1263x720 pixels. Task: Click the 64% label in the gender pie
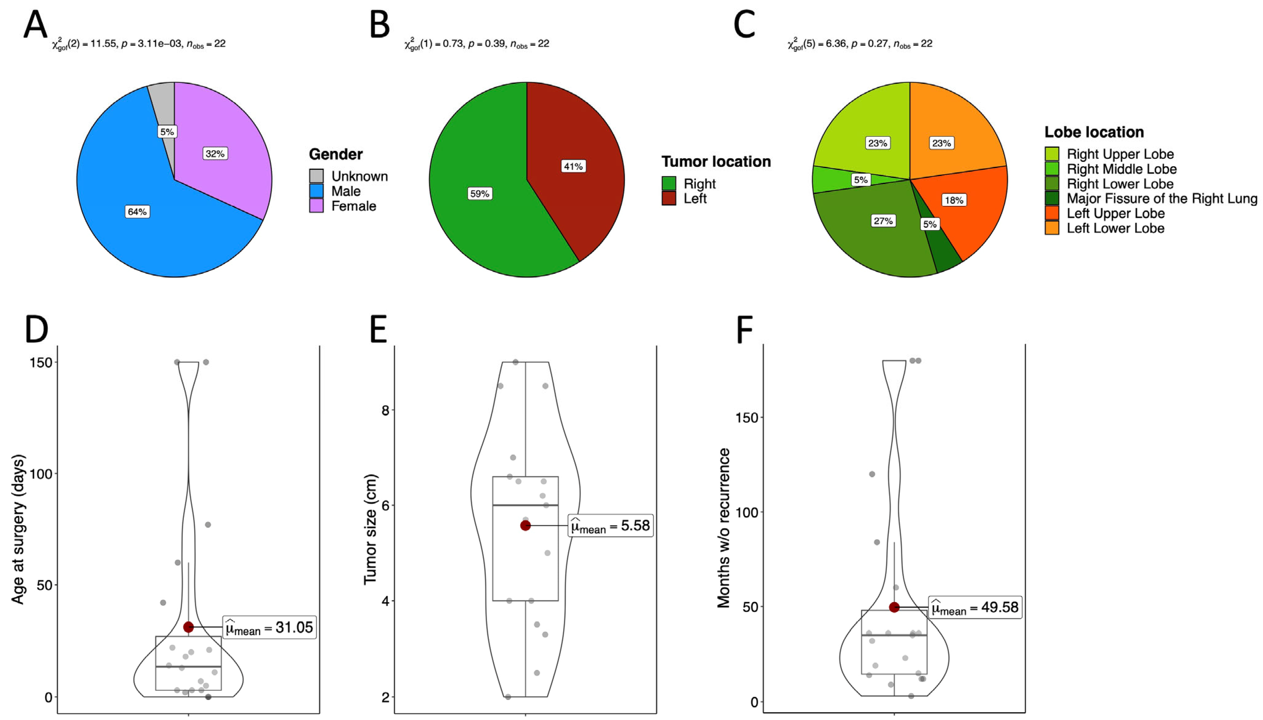click(x=137, y=212)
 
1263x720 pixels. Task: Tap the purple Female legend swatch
click(x=316, y=206)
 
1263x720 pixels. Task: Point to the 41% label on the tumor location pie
click(x=573, y=166)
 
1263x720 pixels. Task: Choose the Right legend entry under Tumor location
click(x=699, y=183)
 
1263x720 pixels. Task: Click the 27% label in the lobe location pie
click(x=883, y=220)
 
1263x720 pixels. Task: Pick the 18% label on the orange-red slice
click(x=954, y=200)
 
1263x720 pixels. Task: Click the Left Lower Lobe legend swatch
click(x=1051, y=228)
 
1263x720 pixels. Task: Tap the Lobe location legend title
click(x=1094, y=132)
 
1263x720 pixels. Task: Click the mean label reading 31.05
click(x=270, y=628)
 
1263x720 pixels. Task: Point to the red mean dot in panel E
click(x=526, y=526)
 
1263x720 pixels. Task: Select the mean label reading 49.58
click(x=975, y=607)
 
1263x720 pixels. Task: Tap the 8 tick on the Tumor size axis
click(x=385, y=410)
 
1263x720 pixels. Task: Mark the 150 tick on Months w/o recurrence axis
click(x=746, y=418)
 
